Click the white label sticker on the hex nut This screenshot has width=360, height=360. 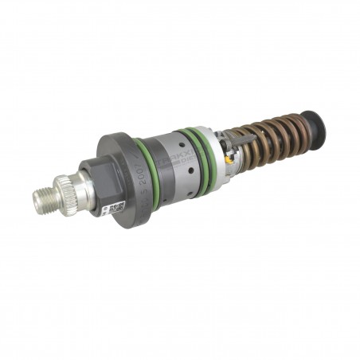click(x=116, y=208)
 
